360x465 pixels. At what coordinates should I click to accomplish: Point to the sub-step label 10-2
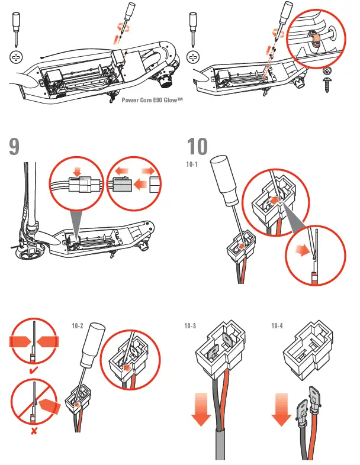coord(78,325)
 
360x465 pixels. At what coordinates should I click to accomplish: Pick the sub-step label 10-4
coord(277,325)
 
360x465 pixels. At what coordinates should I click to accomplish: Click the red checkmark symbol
coord(34,370)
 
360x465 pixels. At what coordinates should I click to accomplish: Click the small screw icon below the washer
coord(327,83)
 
